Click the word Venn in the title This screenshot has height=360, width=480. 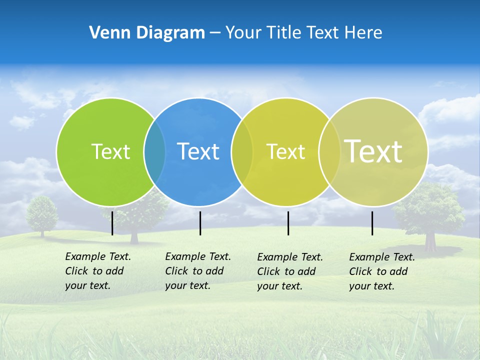point(106,33)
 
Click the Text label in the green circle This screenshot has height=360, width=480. point(110,151)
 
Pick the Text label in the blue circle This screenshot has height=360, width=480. point(198,151)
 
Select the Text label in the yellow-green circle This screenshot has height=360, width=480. point(285,151)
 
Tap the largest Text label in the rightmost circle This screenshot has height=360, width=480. point(373,151)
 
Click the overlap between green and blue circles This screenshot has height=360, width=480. point(154,152)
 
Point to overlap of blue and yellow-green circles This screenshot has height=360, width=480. point(242,152)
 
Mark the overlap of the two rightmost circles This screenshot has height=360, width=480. point(329,152)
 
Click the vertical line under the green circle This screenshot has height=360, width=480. point(112,223)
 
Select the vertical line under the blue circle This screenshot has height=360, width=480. point(200,223)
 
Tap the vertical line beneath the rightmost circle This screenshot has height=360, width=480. point(372,223)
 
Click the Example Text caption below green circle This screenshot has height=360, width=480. point(97,271)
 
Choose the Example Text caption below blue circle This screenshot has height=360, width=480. point(197,271)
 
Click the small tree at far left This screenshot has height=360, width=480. point(42,214)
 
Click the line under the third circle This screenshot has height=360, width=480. point(288,223)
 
